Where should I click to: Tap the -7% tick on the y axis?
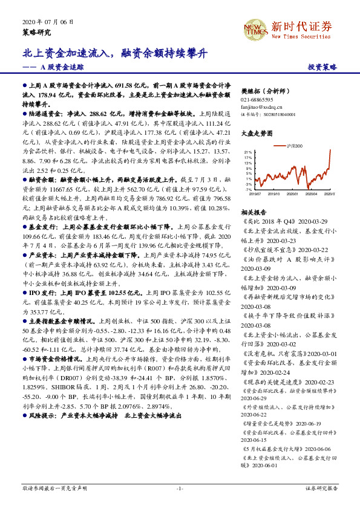(x=247, y=189)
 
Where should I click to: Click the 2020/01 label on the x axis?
(x=292, y=194)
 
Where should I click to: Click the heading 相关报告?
(x=250, y=213)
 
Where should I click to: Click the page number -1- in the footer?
(x=180, y=487)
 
